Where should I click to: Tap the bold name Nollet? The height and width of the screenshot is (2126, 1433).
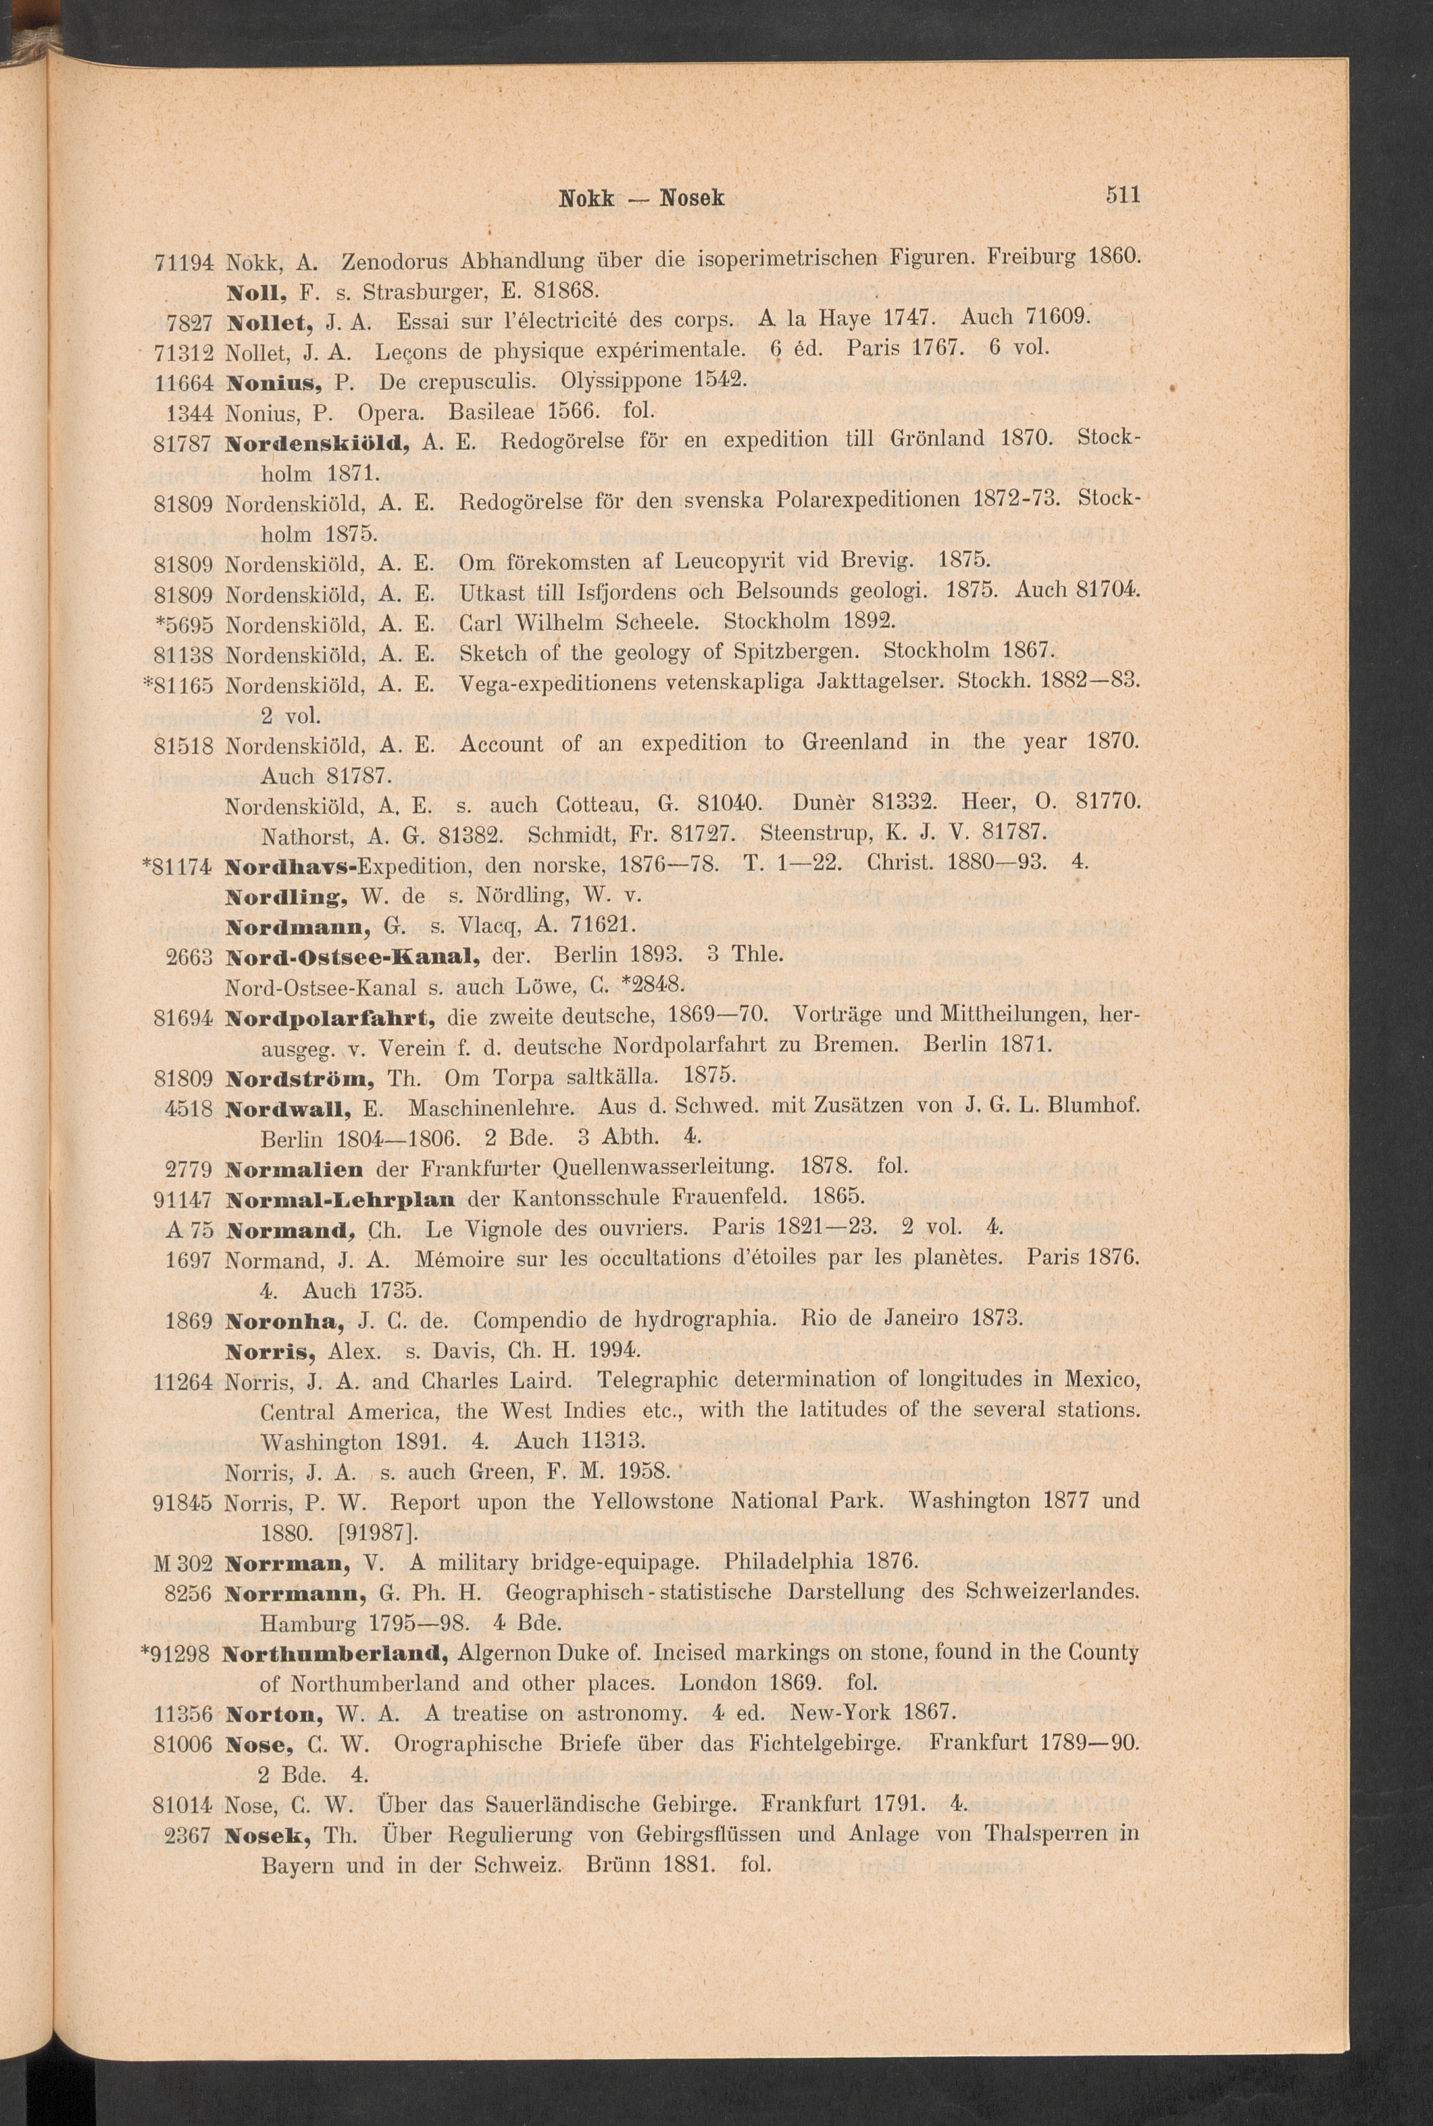tap(270, 321)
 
